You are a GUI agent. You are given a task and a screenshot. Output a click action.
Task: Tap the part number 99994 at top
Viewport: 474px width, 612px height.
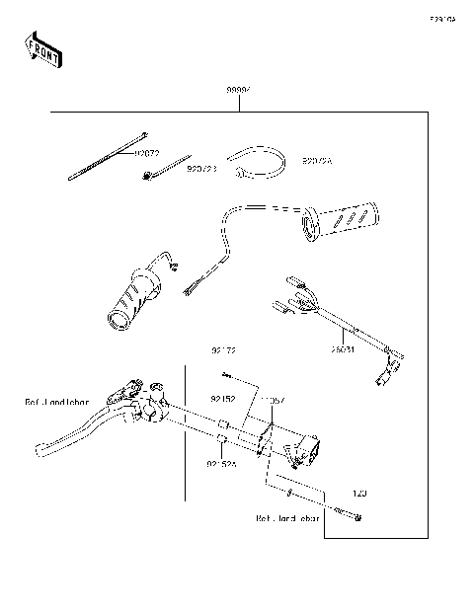pyautogui.click(x=238, y=90)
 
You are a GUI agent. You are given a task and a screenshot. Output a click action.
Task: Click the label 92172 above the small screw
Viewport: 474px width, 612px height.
pyautogui.click(x=224, y=349)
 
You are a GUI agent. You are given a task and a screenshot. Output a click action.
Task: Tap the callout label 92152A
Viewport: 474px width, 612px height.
pyautogui.click(x=222, y=463)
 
